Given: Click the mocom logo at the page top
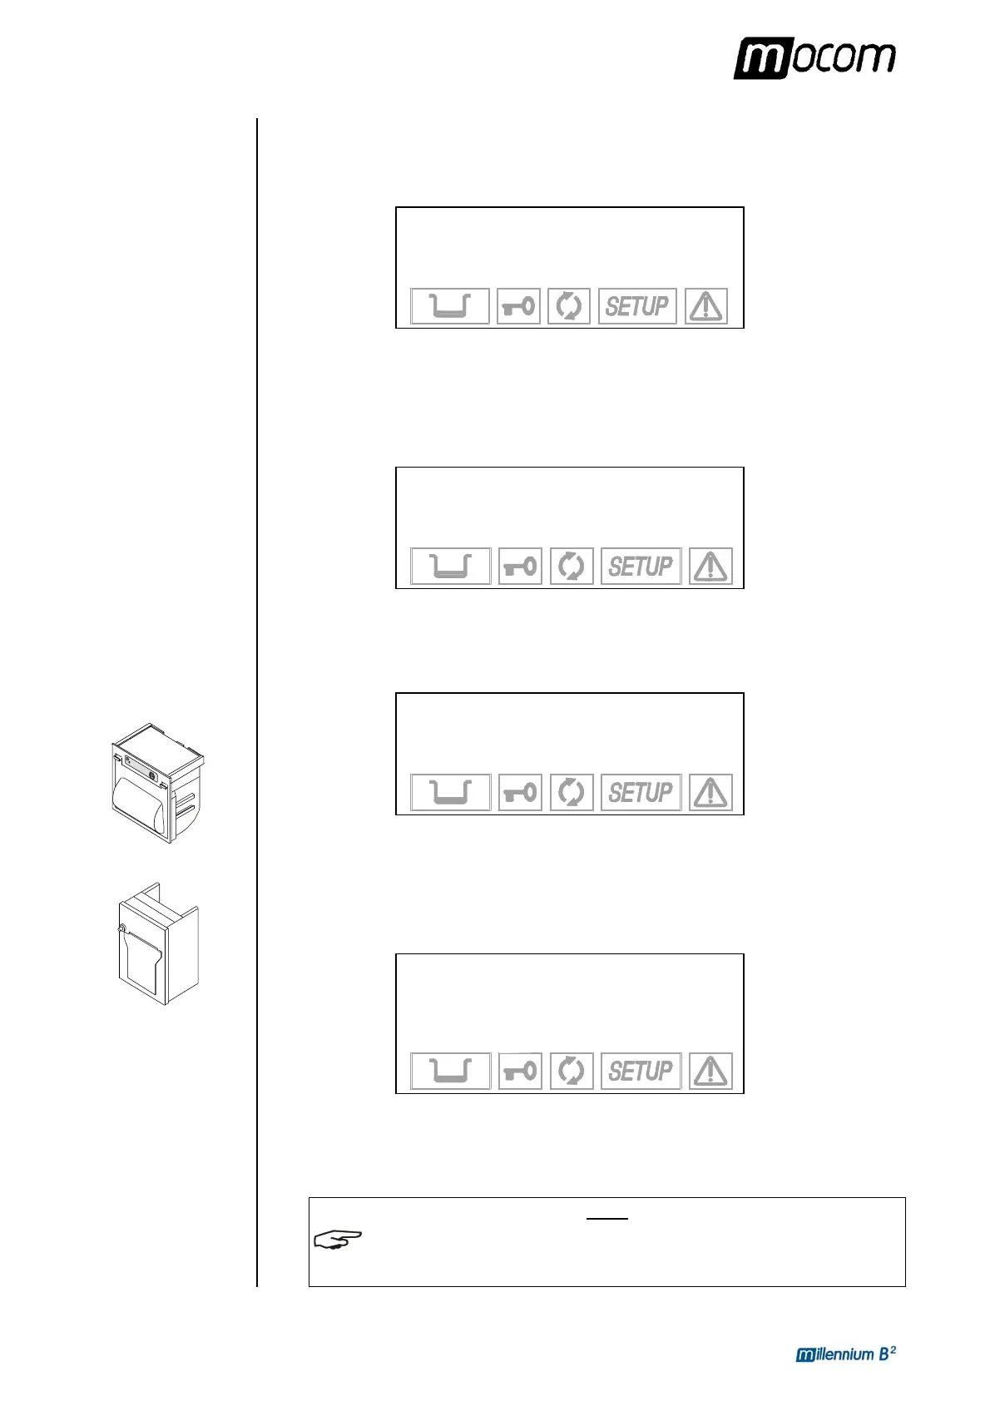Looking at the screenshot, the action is pos(814,58).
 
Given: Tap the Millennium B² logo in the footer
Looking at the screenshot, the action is pos(845,1354).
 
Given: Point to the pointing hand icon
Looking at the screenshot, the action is pos(338,1240).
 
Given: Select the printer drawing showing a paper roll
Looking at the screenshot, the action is pos(158,783).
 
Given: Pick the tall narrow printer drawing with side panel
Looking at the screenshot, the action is pos(158,943).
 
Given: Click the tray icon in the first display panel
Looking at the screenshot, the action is pos(450,306).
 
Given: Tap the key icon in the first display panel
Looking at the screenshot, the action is pos(518,306).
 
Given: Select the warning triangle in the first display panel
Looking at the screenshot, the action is pos(706,306).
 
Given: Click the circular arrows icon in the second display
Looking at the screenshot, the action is pos(572,567).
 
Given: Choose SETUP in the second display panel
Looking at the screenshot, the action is pos(641,567).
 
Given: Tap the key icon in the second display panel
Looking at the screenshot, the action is pos(520,567).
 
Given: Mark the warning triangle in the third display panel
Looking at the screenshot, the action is pos(710,792).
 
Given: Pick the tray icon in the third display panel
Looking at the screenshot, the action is pos(451,792).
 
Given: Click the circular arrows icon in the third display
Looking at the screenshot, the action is pos(572,792).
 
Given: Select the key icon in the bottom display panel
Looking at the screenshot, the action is pos(520,1071).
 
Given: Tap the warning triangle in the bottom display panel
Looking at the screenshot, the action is pos(710,1071).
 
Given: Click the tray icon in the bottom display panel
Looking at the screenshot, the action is pos(451,1071).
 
